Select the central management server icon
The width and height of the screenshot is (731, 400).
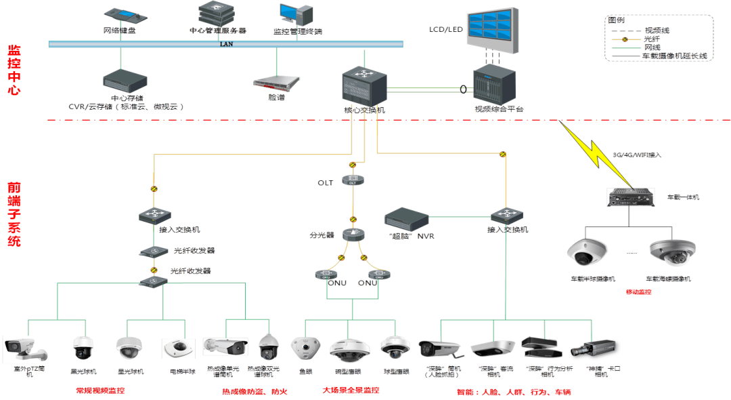[217, 13]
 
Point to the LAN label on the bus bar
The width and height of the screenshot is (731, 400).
[226, 44]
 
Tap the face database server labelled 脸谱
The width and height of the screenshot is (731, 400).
[276, 83]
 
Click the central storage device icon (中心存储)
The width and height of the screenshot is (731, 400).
[122, 80]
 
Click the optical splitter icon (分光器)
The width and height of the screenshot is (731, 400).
[353, 235]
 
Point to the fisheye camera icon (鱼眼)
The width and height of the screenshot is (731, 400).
[305, 348]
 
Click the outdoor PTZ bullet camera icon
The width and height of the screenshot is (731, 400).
[24, 348]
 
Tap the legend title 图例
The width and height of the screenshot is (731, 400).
[615, 20]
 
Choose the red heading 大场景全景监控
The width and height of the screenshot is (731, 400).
[351, 391]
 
